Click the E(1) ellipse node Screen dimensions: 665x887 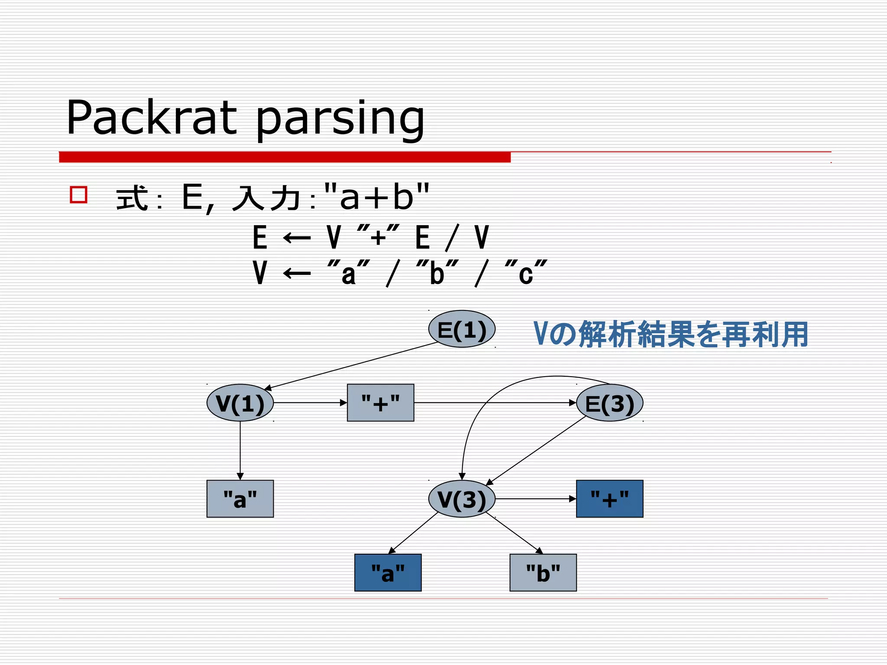(462, 329)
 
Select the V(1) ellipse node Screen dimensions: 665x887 (240, 403)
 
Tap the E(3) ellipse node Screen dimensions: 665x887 (609, 403)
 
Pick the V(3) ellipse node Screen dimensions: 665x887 (462, 499)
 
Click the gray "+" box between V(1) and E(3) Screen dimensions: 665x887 (380, 403)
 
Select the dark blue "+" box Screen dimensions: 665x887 (609, 499)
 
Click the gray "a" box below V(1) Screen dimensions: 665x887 (240, 499)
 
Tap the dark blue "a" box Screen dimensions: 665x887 (388, 572)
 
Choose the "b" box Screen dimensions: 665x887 (543, 572)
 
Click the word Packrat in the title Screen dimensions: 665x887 (152, 118)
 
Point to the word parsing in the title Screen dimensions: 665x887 (340, 119)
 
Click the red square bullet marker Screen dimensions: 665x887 (79, 194)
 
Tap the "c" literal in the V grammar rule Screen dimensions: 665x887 (526, 274)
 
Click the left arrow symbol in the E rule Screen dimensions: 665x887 (297, 238)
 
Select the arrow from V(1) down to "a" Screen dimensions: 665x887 (240, 450)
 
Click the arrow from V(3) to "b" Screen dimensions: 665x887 (515, 533)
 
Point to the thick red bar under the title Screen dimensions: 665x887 (285, 157)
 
